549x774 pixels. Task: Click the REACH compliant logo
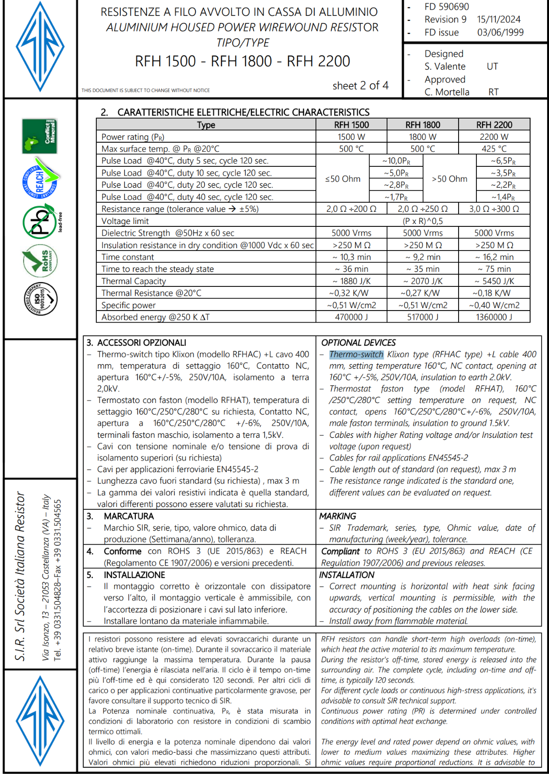pos(40,179)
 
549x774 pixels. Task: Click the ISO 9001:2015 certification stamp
pos(41,299)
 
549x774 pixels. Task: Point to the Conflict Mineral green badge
pos(40,136)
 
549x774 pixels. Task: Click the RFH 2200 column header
pos(494,125)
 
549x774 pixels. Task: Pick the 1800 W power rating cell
pos(422,137)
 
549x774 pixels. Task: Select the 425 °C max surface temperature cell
pos(494,149)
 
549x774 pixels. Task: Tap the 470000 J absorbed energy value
pos(351,317)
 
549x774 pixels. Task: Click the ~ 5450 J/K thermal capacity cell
pos(494,281)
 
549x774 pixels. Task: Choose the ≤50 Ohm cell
pos(342,179)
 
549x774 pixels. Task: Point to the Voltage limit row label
pos(125,221)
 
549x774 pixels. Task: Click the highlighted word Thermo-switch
pos(356,355)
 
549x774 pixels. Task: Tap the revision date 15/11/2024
pos(499,19)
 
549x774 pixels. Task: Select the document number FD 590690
pos(446,7)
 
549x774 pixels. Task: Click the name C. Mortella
pos(446,92)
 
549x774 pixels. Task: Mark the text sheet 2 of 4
pos(360,86)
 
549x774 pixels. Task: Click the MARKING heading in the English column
pos(338,516)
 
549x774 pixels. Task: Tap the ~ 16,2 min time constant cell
pos(494,257)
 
